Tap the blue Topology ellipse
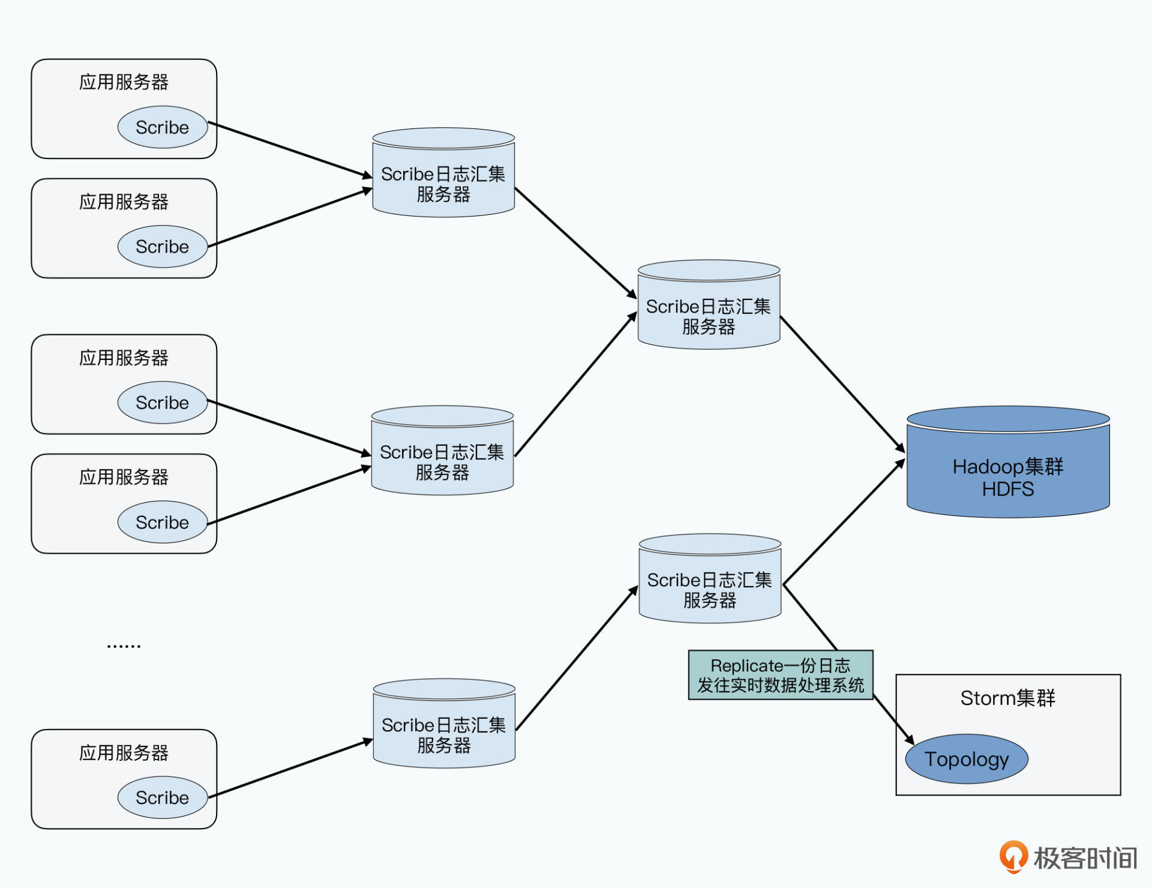pyautogui.click(x=967, y=759)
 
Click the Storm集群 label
pyautogui.click(x=1007, y=698)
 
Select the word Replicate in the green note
pyautogui.click(x=746, y=666)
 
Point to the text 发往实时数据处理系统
pyautogui.click(x=780, y=685)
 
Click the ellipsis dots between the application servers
pyautogui.click(x=124, y=646)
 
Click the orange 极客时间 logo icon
pyautogui.click(x=1013, y=856)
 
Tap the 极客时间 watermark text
pyautogui.click(x=1085, y=859)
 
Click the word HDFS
pyautogui.click(x=1008, y=490)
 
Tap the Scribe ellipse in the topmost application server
pyautogui.click(x=163, y=127)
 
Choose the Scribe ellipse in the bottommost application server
pyautogui.click(x=163, y=797)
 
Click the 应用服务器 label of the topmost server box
pyautogui.click(x=124, y=82)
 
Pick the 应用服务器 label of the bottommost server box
pyautogui.click(x=124, y=753)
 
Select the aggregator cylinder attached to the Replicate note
pyautogui.click(x=710, y=580)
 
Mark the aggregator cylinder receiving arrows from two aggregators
pyautogui.click(x=709, y=306)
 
